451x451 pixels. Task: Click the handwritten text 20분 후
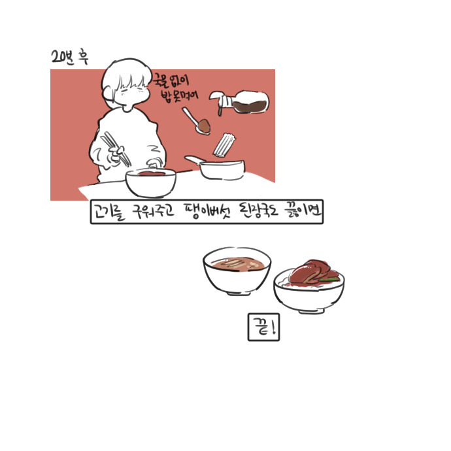click(x=69, y=58)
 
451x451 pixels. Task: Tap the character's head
click(x=126, y=84)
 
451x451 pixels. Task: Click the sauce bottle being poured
click(x=242, y=103)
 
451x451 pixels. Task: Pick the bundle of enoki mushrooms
click(x=225, y=144)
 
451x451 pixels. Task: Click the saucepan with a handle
click(x=219, y=168)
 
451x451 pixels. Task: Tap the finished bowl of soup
click(x=237, y=271)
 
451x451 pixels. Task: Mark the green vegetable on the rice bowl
click(x=332, y=279)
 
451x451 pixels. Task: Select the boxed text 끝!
click(x=263, y=327)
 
